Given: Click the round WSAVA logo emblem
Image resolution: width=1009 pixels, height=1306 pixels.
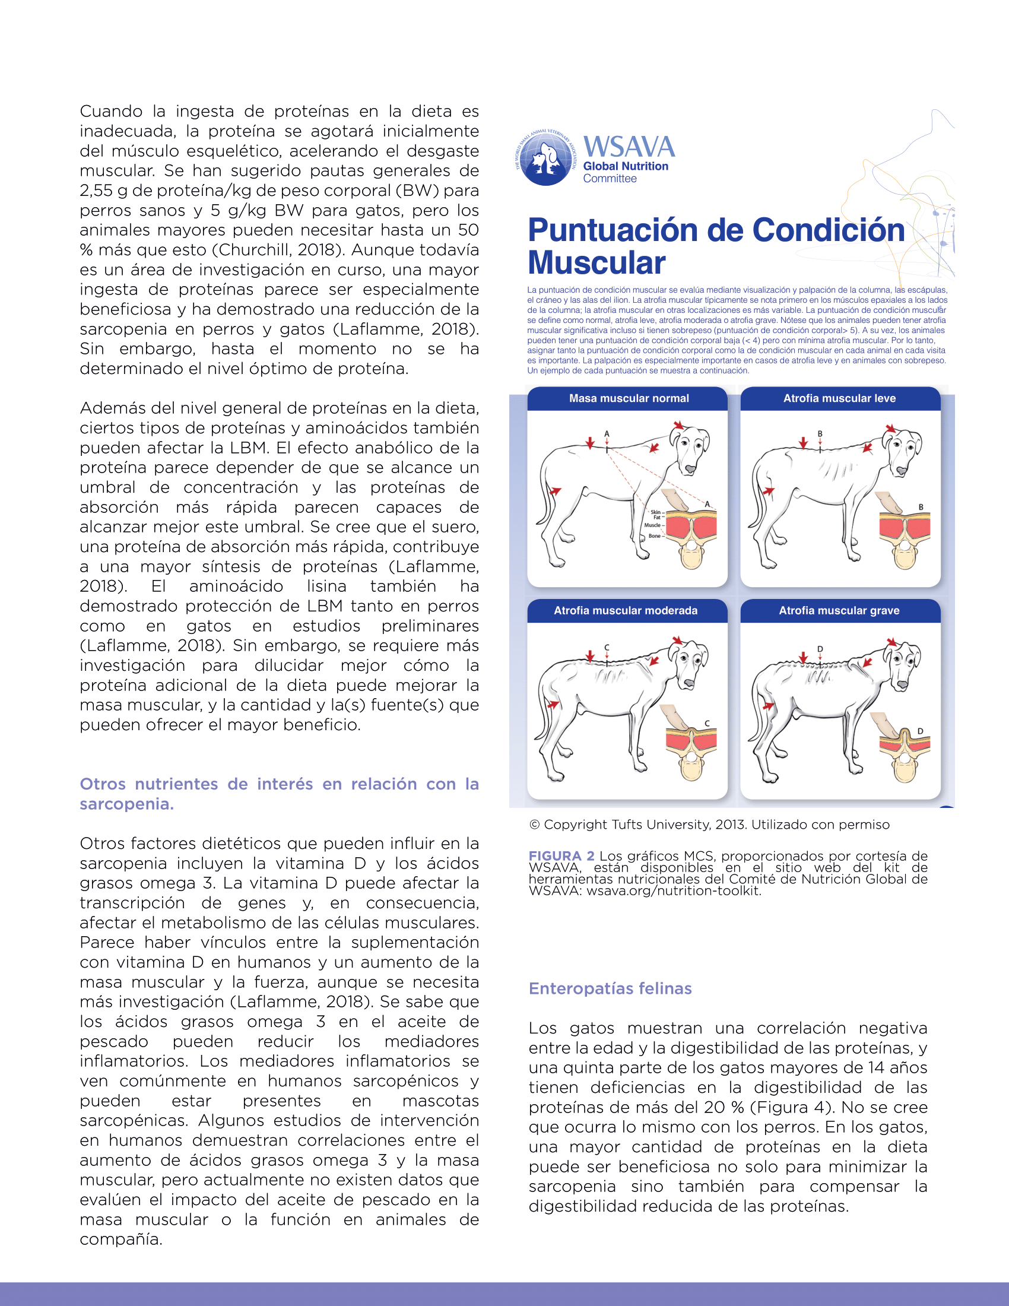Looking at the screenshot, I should [545, 159].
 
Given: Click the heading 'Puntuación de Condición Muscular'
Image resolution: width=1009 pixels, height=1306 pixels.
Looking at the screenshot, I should [716, 246].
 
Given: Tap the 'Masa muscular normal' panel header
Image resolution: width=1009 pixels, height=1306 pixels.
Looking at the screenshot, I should [628, 398].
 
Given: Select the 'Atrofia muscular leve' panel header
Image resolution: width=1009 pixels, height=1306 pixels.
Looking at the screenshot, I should [839, 398].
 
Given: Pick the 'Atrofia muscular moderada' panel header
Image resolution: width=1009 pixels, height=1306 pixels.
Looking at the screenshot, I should [625, 610].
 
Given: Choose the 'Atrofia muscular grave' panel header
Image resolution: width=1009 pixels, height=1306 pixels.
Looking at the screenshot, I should [839, 610].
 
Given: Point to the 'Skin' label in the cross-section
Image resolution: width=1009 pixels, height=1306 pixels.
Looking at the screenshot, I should [655, 512].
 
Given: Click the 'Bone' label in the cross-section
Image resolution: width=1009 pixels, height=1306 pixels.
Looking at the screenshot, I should [654, 536].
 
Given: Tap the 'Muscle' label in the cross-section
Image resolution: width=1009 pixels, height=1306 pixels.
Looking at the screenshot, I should [652, 525].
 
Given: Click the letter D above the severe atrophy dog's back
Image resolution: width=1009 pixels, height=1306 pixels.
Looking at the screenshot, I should [820, 649].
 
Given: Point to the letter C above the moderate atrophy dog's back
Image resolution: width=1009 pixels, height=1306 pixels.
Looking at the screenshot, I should [607, 648].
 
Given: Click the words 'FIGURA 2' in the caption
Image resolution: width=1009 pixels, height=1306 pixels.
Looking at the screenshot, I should [561, 855].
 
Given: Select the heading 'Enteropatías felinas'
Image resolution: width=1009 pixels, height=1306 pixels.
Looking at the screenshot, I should [610, 988].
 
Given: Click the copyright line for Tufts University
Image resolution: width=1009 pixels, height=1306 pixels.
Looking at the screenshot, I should [709, 825].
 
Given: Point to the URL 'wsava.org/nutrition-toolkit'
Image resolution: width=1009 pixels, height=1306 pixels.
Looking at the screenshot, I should [673, 890].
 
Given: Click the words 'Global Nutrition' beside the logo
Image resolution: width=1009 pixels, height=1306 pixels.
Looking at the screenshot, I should [625, 166].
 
